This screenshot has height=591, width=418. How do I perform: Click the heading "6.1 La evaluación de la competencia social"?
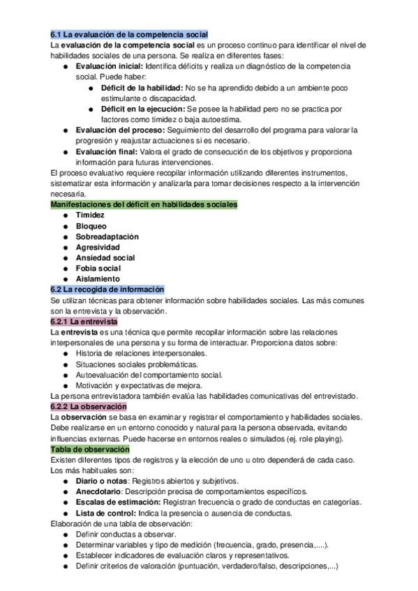click(129, 34)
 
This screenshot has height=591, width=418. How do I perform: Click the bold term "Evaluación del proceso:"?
click(119, 130)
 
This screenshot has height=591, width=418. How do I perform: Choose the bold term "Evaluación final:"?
click(106, 151)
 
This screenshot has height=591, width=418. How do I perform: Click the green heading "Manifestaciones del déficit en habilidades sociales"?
click(144, 204)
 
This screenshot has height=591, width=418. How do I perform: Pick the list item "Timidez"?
click(90, 215)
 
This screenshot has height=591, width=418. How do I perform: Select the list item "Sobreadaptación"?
click(107, 236)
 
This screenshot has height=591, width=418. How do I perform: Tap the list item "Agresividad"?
click(98, 247)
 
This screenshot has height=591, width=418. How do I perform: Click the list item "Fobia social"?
click(98, 268)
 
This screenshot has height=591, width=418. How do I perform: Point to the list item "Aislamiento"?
click(98, 279)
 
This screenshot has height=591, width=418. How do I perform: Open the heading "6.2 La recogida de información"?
click(107, 289)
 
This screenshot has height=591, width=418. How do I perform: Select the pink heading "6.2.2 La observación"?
click(89, 406)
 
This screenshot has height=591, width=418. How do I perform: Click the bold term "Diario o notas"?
click(101, 481)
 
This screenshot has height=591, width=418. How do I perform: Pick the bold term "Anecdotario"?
click(100, 491)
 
